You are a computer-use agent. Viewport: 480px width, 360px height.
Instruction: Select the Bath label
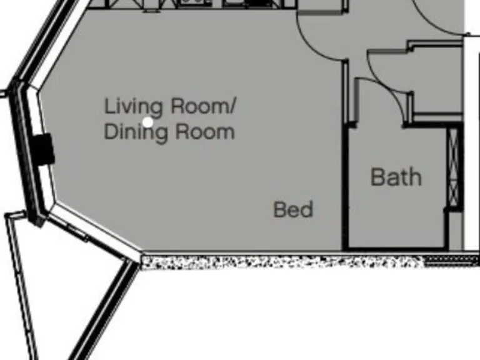coord(396,177)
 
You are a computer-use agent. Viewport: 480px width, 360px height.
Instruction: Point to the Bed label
coord(293,209)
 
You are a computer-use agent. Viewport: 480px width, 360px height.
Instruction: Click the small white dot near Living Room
coord(147,122)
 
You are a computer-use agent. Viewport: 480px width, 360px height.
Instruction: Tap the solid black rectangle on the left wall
coord(44,149)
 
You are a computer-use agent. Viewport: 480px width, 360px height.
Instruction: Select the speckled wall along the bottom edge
coord(281,262)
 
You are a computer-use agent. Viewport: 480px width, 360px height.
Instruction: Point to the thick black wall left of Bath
coord(343,187)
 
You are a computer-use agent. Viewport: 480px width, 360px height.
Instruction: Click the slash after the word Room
coord(232,107)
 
